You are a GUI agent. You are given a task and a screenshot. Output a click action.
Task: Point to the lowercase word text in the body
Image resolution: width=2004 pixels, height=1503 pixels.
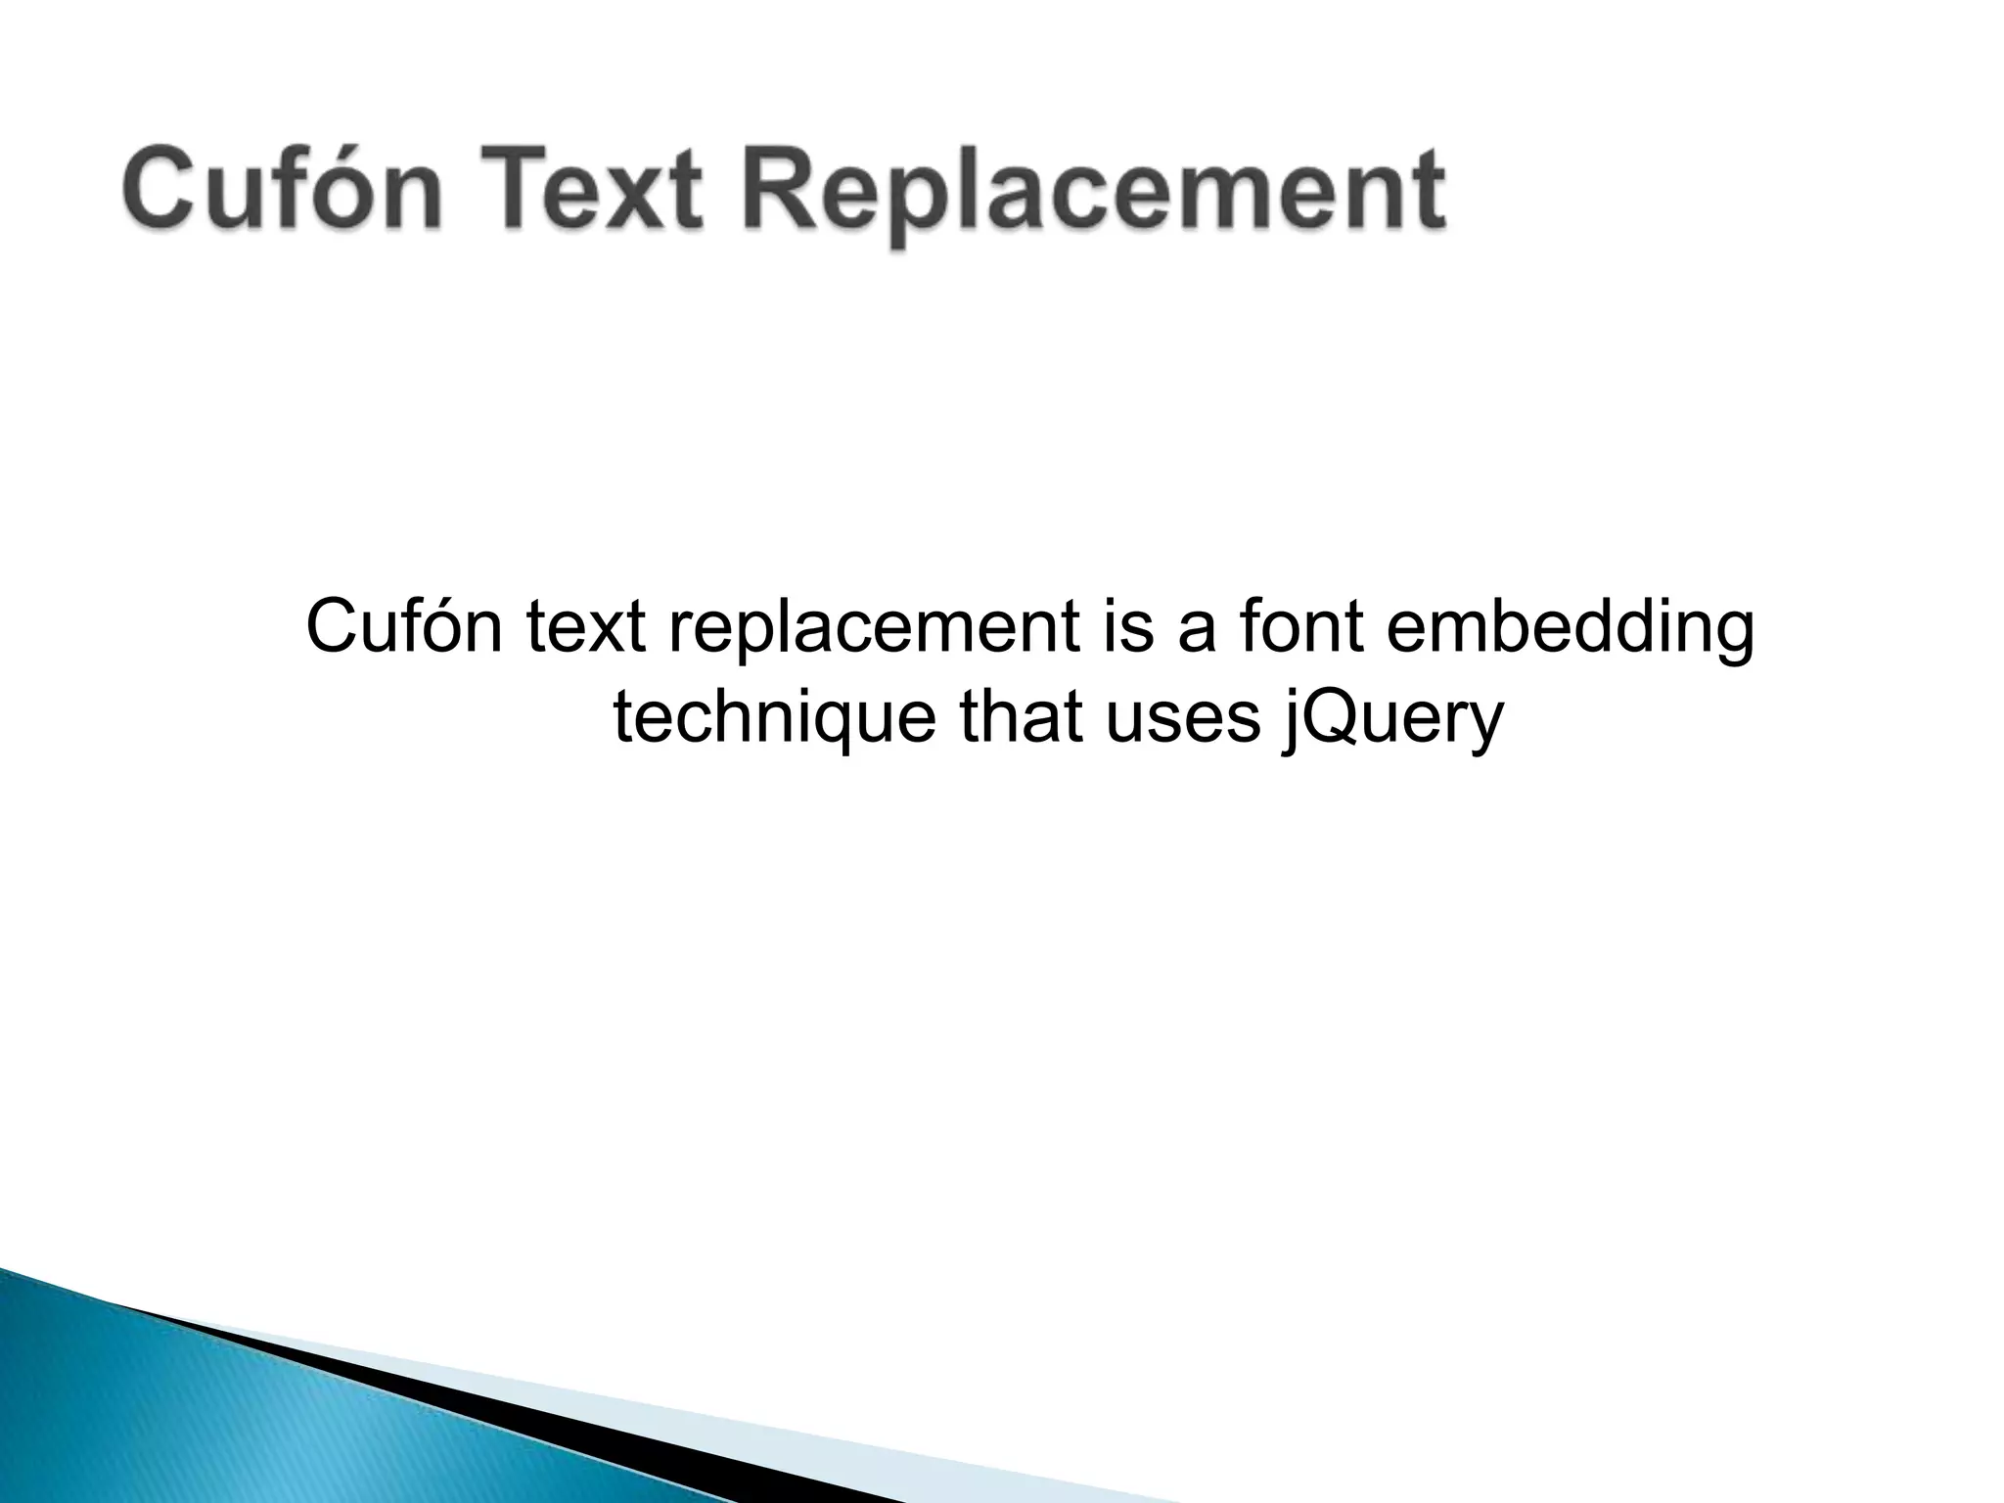pos(586,628)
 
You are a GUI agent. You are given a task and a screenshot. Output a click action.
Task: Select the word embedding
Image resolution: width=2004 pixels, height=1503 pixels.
pos(1571,630)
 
